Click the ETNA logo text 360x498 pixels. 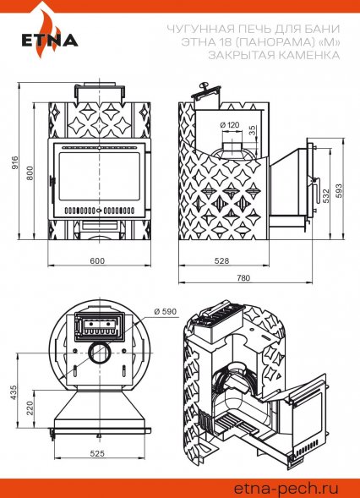[x=50, y=41]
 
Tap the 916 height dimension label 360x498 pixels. [x=15, y=162]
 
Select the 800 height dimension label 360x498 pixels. [x=30, y=172]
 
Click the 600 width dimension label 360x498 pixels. [x=97, y=260]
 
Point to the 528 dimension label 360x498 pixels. [x=221, y=260]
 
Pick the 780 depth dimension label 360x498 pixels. [x=243, y=278]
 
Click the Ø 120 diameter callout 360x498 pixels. [x=230, y=125]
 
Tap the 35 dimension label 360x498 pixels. [x=252, y=130]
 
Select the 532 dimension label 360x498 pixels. [x=326, y=195]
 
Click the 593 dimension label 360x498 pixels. [x=339, y=191]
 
